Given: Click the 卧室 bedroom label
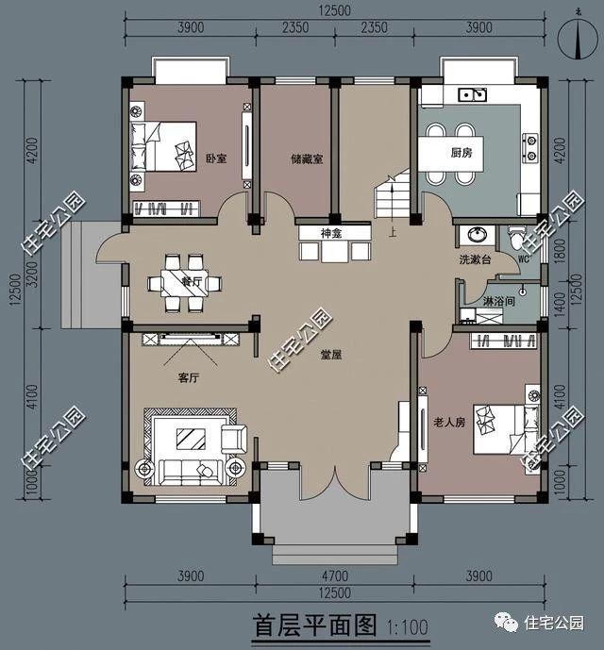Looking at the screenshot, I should (216, 158).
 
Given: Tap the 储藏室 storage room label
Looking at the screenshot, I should (307, 159).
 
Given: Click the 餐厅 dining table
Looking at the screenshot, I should (186, 281).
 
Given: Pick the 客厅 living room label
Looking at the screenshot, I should (189, 377).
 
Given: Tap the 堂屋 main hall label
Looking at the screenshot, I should (330, 356).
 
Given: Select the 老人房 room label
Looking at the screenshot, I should (448, 422).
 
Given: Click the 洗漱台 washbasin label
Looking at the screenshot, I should (475, 258).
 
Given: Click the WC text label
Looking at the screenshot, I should (525, 252).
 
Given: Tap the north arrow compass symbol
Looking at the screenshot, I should (571, 38).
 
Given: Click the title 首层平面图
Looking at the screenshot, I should (315, 625).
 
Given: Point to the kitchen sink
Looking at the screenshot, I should (471, 94).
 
